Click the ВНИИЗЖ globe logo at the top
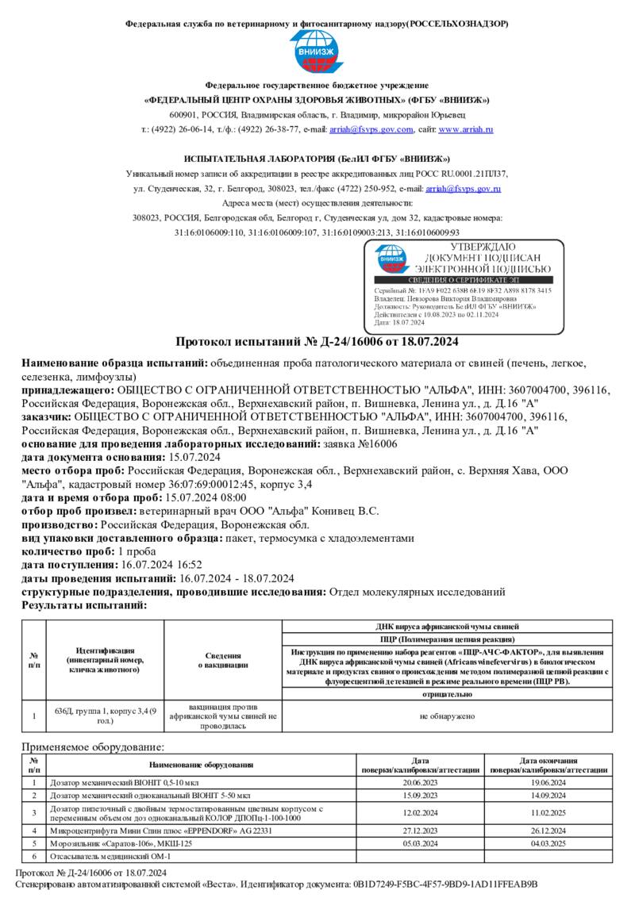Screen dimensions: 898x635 point(317,51)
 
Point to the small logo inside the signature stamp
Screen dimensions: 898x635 point(391,259)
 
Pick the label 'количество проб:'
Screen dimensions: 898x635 point(67,551)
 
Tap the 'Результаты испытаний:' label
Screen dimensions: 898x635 point(84,605)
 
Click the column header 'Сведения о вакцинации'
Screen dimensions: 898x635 point(223,661)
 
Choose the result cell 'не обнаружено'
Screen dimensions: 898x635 point(447,716)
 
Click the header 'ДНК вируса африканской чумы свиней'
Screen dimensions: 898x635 point(447,627)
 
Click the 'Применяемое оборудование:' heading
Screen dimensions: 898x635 point(93,746)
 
